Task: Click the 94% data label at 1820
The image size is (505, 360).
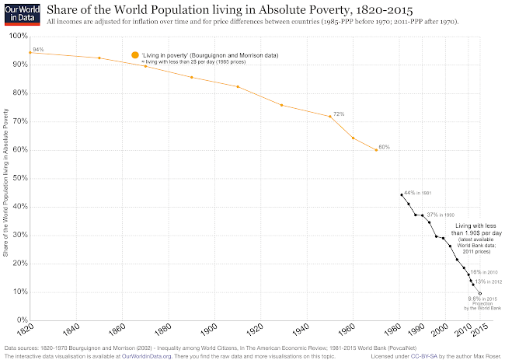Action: click(38, 49)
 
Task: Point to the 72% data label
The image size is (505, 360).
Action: click(339, 114)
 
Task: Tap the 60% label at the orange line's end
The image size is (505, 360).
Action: click(384, 147)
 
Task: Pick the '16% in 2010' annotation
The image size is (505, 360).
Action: click(483, 272)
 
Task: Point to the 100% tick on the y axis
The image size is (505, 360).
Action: click(17, 37)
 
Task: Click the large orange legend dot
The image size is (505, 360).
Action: click(135, 55)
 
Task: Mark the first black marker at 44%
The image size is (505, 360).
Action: click(401, 194)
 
